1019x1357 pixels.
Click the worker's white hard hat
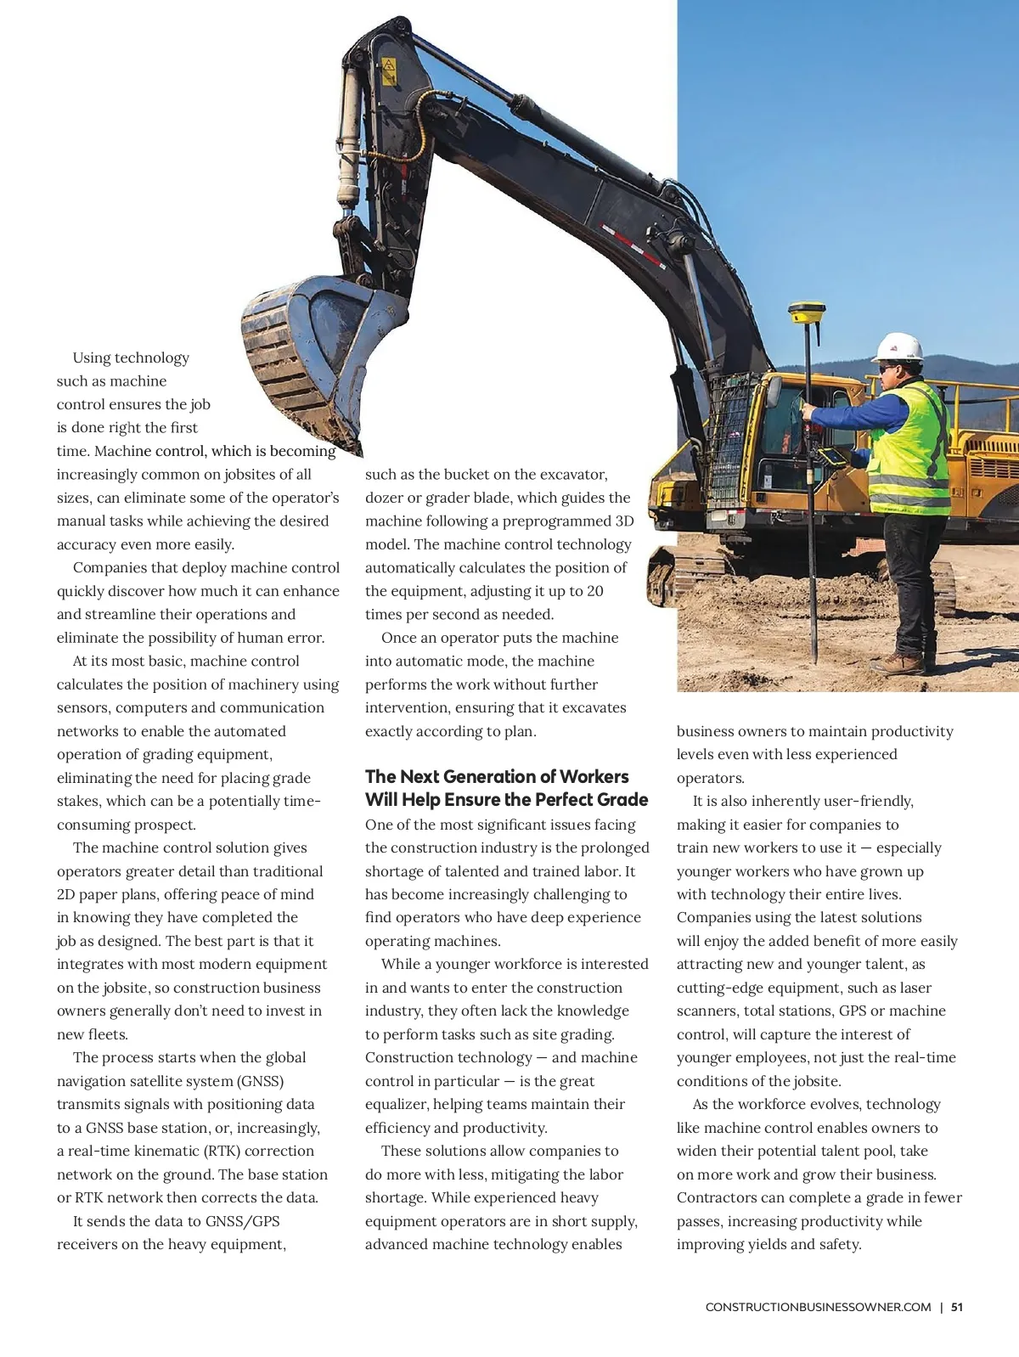point(899,346)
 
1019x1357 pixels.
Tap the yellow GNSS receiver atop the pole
point(803,313)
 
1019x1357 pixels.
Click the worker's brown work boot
point(899,663)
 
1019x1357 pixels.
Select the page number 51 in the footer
point(957,1307)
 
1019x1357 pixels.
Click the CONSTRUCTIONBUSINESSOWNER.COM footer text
point(818,1307)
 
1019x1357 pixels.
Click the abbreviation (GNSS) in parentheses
point(261,1081)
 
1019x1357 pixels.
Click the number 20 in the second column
point(594,591)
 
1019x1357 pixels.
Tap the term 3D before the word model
point(623,521)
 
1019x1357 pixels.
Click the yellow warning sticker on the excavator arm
point(389,71)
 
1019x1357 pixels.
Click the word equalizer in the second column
point(397,1104)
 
